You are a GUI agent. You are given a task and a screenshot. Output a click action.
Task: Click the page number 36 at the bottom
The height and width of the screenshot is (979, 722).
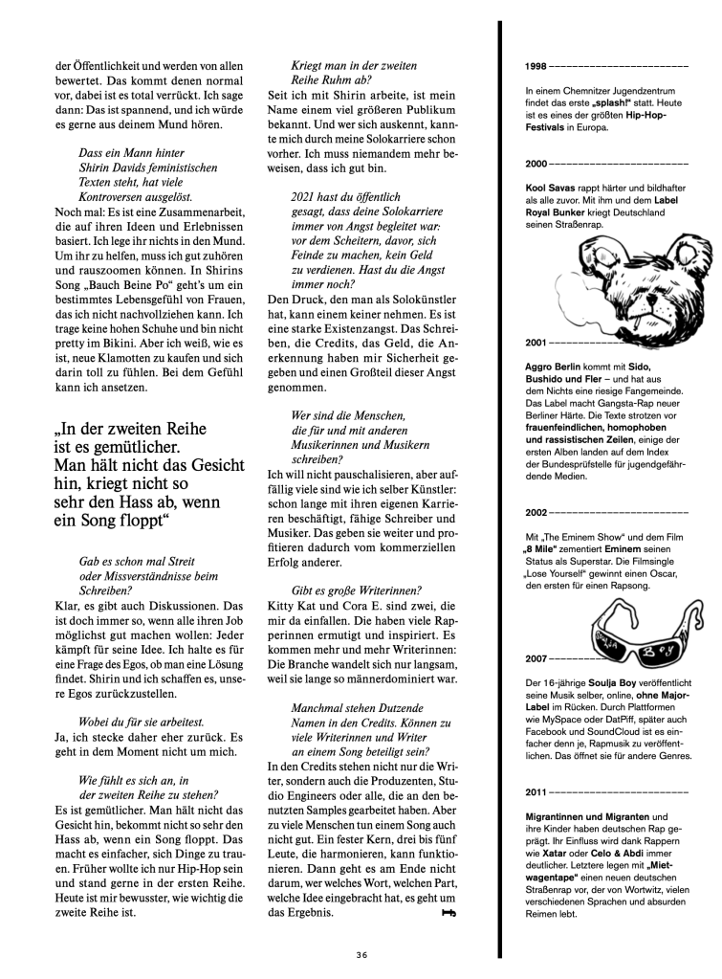pos(361,953)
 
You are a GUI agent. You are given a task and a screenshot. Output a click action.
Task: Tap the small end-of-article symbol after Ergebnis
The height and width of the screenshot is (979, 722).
pos(448,914)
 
